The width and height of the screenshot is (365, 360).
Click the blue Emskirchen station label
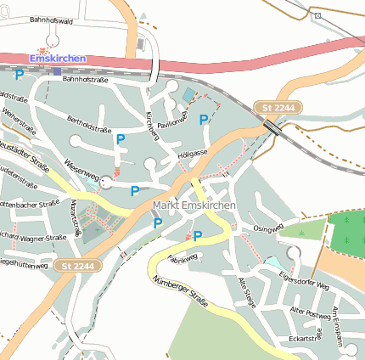point(58,58)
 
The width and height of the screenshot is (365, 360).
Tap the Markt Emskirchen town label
point(195,206)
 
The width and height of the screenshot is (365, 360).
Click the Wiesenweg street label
point(81,169)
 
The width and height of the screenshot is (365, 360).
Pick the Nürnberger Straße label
point(178,290)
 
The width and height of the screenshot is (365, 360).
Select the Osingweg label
point(267,228)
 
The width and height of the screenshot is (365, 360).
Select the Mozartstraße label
point(76,217)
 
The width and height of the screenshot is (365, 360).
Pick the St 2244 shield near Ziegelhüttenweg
point(77,267)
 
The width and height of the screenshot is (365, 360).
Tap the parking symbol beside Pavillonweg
point(204,121)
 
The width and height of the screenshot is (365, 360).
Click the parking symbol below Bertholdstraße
point(121,139)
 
